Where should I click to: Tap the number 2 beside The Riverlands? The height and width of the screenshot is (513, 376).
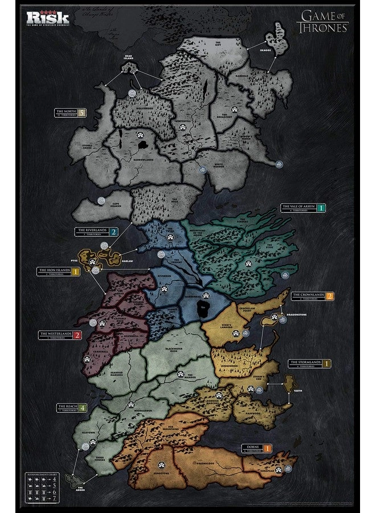click(x=114, y=232)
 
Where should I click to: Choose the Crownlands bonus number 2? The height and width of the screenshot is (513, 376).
click(x=329, y=296)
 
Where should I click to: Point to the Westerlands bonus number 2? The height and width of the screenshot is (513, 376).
click(x=77, y=335)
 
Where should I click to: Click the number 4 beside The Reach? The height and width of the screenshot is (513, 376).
click(x=83, y=408)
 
